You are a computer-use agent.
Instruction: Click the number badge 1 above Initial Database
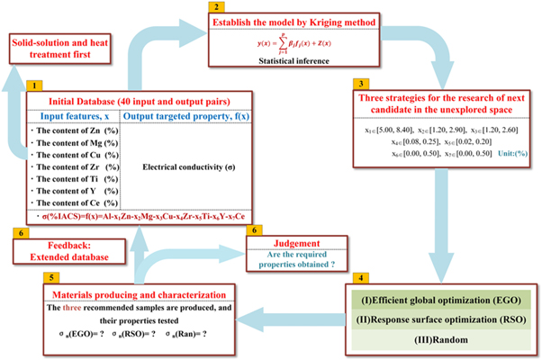tap(34, 85)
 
